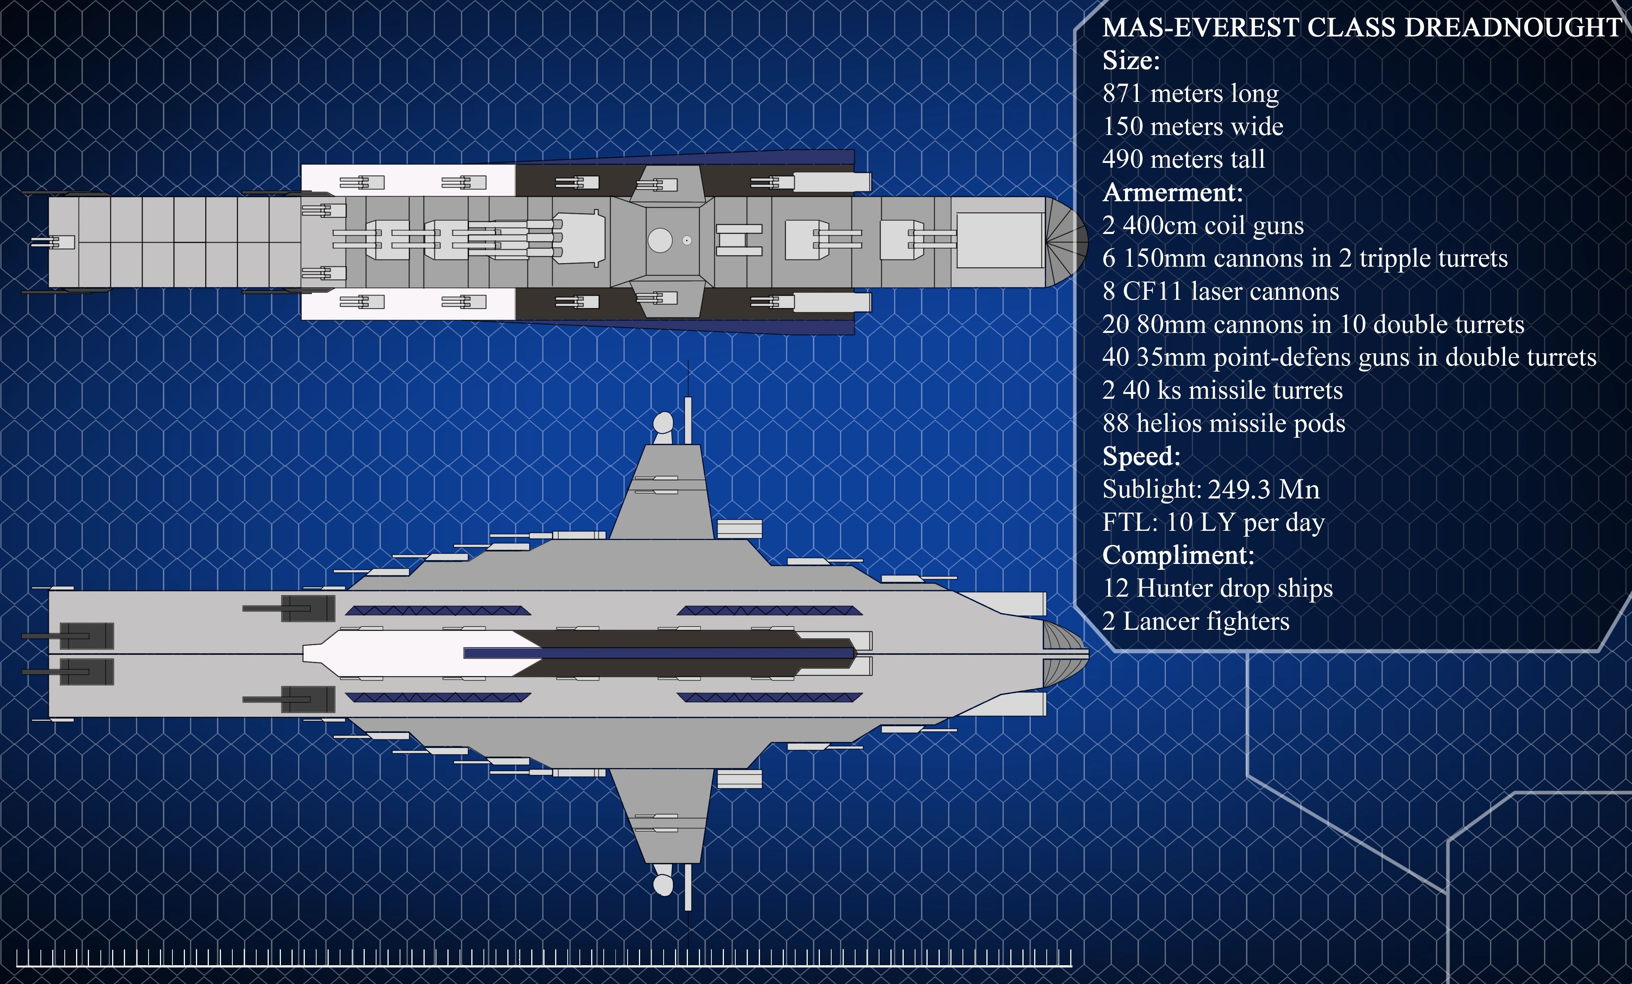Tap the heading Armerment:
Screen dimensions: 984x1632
tap(1172, 193)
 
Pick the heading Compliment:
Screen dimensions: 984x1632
tap(1178, 555)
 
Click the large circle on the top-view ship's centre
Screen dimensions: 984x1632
tap(660, 241)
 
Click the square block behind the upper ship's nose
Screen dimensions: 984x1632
tap(1000, 240)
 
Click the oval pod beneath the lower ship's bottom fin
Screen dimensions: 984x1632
tap(663, 885)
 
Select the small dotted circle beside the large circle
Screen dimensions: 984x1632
tap(687, 241)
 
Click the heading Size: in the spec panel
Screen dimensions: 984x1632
tap(1131, 61)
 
